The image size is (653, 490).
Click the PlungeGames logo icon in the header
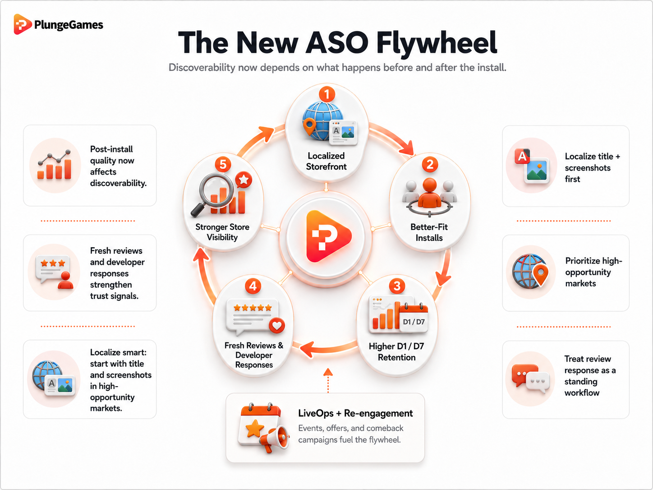coord(23,24)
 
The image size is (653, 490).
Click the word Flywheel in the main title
coord(437,42)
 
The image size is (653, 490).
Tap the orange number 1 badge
coord(327,95)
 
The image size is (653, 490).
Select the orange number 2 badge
coord(430,164)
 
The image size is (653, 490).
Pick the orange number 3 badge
coord(397,286)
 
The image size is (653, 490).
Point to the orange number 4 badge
coord(253,286)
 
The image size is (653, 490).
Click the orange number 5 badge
coord(223,164)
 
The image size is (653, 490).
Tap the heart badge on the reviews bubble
coord(277,325)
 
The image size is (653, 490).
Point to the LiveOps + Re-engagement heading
coord(355,413)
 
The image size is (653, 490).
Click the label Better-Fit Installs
coord(429,232)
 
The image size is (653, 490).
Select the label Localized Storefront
coord(326,161)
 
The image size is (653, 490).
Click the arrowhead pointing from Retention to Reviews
coord(308,349)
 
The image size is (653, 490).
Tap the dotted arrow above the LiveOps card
coord(328,380)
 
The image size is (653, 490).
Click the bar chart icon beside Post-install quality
coord(55,164)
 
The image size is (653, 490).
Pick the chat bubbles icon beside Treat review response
coord(531,379)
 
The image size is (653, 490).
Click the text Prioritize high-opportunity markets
coord(593,272)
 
